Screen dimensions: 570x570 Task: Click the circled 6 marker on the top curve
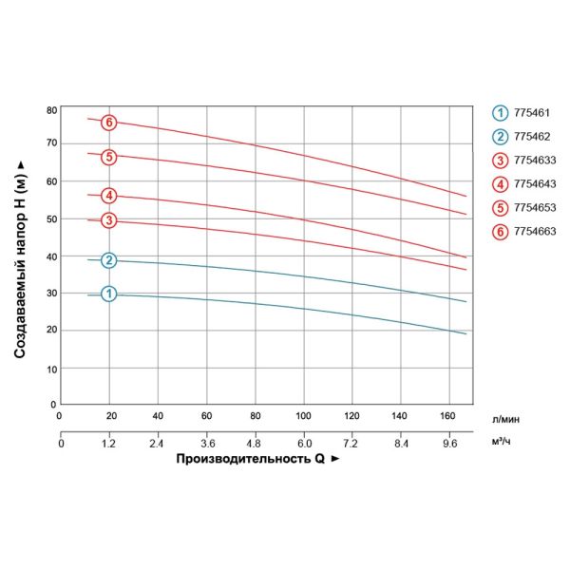[x=109, y=122]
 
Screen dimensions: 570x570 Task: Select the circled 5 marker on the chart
[x=109, y=157]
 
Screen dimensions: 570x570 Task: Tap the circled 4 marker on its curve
[x=109, y=196]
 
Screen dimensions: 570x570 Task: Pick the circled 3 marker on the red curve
[x=109, y=220]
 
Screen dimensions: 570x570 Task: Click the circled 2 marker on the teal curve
[x=109, y=260]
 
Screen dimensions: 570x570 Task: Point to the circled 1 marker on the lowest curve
[x=109, y=294]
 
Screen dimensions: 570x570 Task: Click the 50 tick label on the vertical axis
[x=51, y=219]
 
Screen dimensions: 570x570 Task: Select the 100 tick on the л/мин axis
[x=304, y=416]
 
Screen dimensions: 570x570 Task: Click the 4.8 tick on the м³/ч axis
[x=255, y=442]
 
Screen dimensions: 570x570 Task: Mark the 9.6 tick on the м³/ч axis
[x=450, y=442]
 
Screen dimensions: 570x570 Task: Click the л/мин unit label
[x=506, y=417]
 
